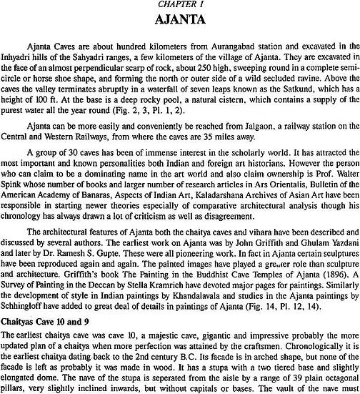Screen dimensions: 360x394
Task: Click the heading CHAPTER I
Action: point(182,5)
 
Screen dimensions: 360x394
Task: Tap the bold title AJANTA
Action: point(181,21)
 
